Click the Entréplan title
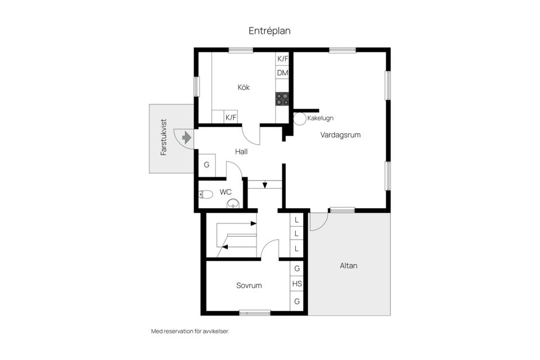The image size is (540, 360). tap(269, 31)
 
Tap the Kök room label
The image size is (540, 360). tap(244, 88)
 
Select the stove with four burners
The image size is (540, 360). tap(282, 99)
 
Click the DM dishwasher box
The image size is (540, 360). tap(282, 73)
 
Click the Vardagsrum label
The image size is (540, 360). tap(340, 134)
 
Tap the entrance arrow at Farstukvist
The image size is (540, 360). tap(187, 138)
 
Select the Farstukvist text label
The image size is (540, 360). tap(164, 137)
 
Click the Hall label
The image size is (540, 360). tap(241, 151)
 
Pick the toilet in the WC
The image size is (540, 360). tap(206, 195)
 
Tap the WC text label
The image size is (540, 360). tap(226, 192)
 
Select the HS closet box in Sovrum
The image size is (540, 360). tap(297, 284)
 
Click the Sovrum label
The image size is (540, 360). tap(249, 286)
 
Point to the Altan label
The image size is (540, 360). tap(349, 265)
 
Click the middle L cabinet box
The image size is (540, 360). tap(296, 234)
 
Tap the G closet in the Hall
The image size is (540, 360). tap(206, 165)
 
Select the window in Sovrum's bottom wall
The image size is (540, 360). tap(255, 313)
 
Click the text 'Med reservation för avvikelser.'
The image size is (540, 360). tap(190, 331)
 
